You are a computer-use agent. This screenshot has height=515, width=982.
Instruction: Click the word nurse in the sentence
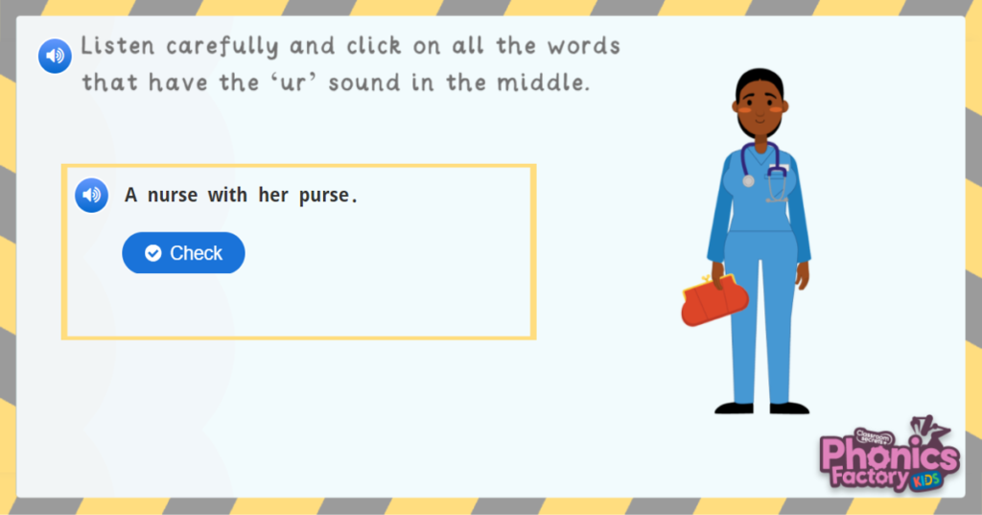[173, 196]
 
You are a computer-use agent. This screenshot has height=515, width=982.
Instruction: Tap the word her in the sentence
[272, 196]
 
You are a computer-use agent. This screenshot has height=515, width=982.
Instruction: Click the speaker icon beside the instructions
[55, 56]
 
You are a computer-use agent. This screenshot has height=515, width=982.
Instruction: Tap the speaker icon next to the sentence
[91, 196]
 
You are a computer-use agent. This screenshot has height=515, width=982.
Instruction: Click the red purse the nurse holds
[713, 303]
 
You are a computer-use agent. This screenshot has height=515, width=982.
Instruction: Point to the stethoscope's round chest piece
[748, 180]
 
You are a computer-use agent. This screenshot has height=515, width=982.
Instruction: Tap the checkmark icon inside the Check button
[152, 253]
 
